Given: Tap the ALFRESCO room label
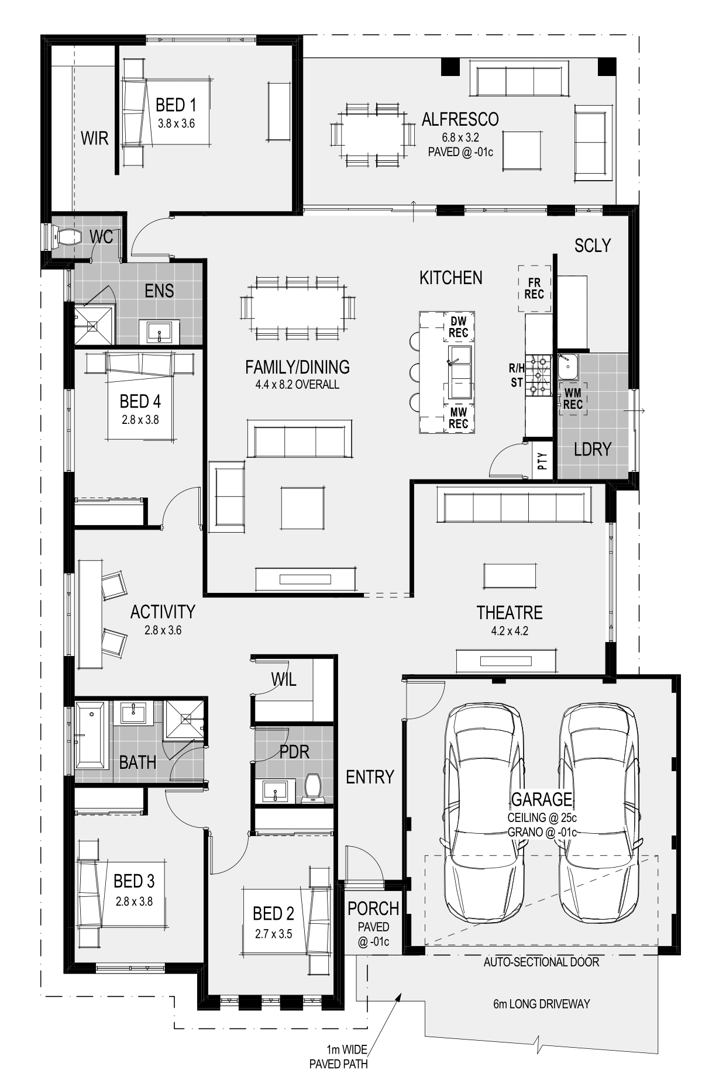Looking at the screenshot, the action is [460, 119].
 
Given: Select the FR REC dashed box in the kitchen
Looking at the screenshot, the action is [534, 289].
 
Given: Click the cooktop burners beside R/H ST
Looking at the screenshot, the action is [538, 375].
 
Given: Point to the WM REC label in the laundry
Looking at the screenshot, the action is [573, 398].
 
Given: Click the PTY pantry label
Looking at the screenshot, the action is [542, 461].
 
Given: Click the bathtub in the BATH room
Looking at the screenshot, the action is [90, 736].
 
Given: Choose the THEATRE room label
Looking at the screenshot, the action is [510, 612].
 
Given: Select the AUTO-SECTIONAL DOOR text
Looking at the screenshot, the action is [541, 962].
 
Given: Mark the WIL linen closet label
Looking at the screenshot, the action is [284, 679].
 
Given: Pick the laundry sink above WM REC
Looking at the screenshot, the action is [567, 366].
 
